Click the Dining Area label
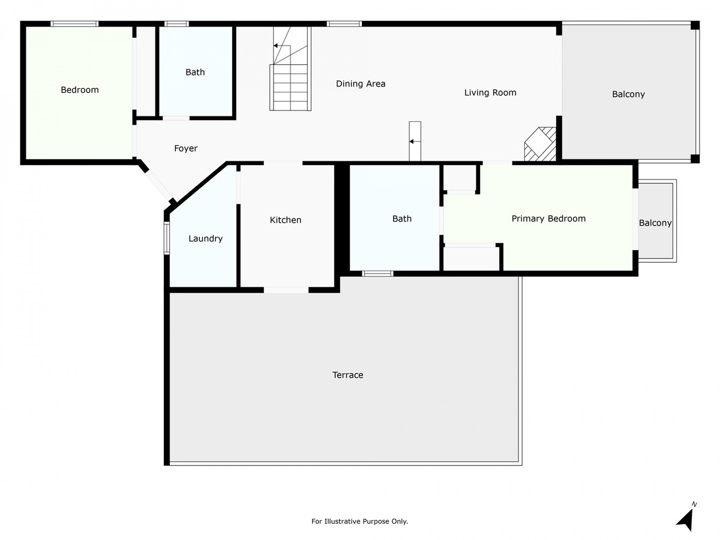pos(361,83)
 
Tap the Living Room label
pos(490,93)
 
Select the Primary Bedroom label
pos(548,218)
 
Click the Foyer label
pos(185,149)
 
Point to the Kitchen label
pos(286,220)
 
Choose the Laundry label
pos(205,239)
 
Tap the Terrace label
pos(347,375)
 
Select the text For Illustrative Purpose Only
pos(359,521)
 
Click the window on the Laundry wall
pos(167,238)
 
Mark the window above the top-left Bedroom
pos(74,23)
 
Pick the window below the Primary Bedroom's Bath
pos(377,274)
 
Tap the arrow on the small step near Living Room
pos(415,142)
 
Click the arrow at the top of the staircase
pos(282,46)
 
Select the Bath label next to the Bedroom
pos(195,72)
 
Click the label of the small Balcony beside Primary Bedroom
pos(655,223)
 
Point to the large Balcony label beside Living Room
pos(628,94)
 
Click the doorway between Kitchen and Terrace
pos(286,290)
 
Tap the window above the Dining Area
pos(344,23)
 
